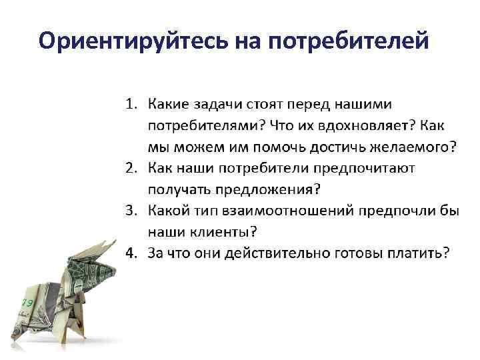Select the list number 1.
coord(131,104)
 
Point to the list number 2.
coord(131,167)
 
